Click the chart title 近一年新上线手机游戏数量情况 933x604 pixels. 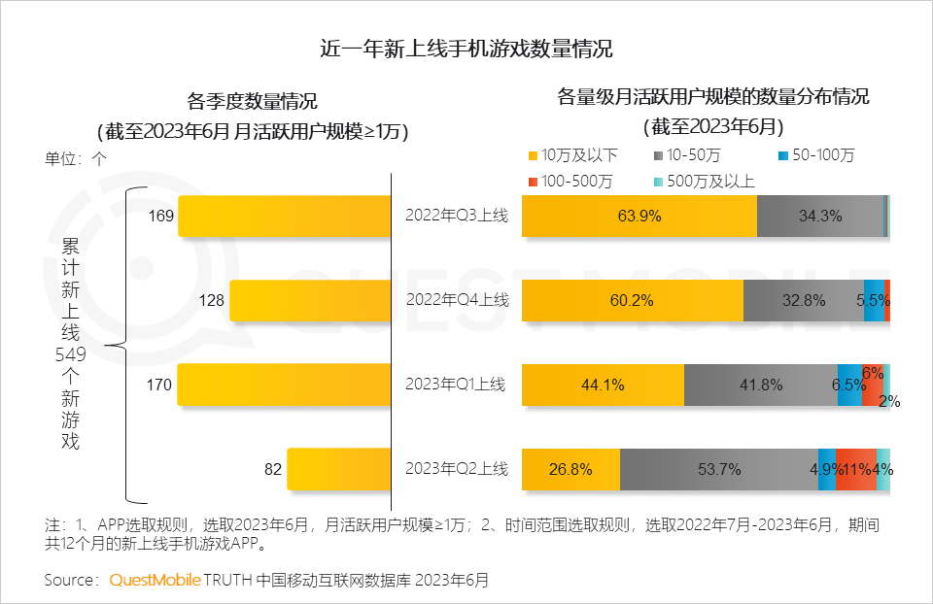click(x=466, y=49)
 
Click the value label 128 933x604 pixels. click(x=212, y=301)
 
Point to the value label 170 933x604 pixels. click(x=158, y=386)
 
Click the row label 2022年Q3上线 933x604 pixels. click(x=456, y=216)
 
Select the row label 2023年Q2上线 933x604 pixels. click(x=456, y=469)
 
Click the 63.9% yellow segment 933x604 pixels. click(x=639, y=216)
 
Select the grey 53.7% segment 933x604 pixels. click(x=719, y=469)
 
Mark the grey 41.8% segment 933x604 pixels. click(x=761, y=385)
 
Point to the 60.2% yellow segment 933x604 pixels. click(x=632, y=301)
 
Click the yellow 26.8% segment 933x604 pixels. click(x=570, y=469)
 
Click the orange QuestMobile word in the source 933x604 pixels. click(x=155, y=581)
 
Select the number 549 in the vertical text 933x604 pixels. click(x=71, y=354)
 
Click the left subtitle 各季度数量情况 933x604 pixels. click(x=253, y=100)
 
